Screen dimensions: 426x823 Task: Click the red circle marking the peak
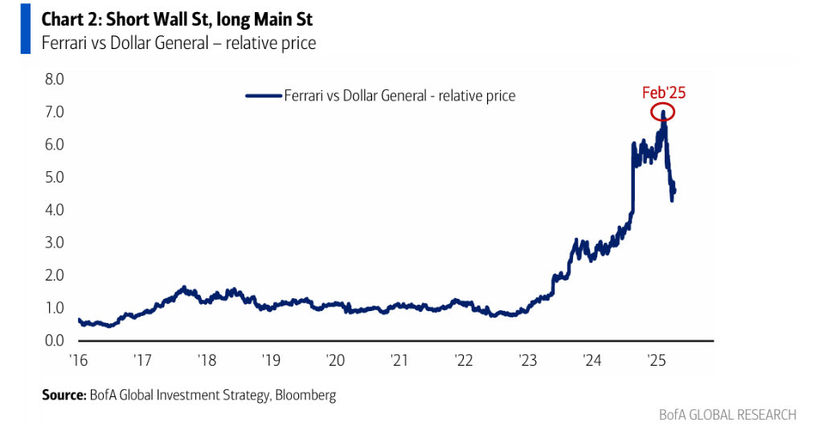pyautogui.click(x=663, y=112)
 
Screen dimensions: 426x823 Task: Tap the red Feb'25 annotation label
pyautogui.click(x=664, y=92)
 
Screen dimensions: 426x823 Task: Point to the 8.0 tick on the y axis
pyautogui.click(x=54, y=80)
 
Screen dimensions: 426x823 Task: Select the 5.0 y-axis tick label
pyautogui.click(x=54, y=178)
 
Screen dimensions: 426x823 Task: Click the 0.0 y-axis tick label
pyautogui.click(x=54, y=341)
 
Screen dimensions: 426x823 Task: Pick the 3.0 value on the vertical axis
pyautogui.click(x=54, y=243)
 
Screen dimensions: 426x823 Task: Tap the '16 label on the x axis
pyautogui.click(x=78, y=360)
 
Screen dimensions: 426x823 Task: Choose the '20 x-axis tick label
pyautogui.click(x=334, y=360)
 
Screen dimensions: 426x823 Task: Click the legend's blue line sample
pyautogui.click(x=264, y=96)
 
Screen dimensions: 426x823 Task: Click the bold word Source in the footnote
pyautogui.click(x=62, y=395)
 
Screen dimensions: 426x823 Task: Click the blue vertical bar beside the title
pyautogui.click(x=25, y=30)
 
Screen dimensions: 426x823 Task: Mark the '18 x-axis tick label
pyautogui.click(x=206, y=360)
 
